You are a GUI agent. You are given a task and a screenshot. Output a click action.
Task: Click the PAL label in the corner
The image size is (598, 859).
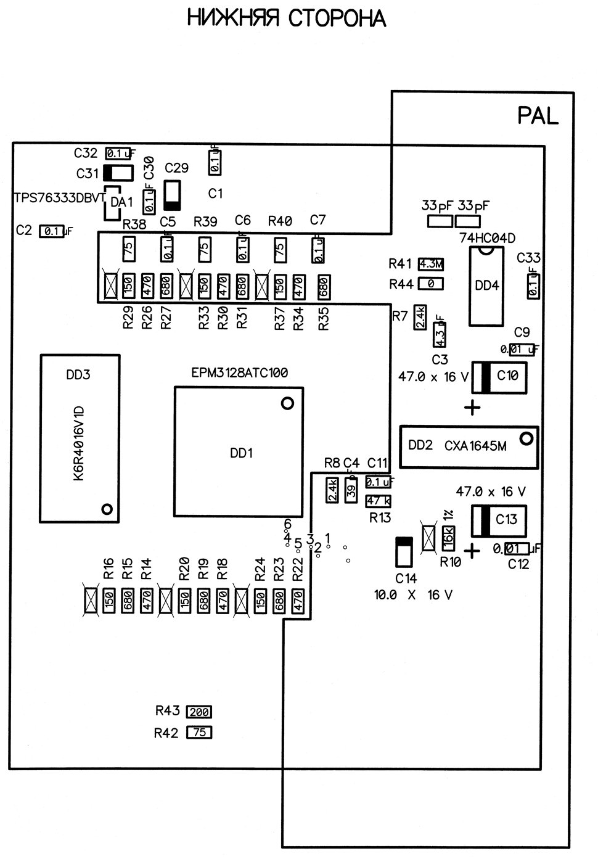pyautogui.click(x=538, y=115)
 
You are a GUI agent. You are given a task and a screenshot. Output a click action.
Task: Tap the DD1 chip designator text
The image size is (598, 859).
pyautogui.click(x=242, y=453)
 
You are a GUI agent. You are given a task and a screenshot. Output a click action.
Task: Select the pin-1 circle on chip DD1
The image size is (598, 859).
pyautogui.click(x=287, y=404)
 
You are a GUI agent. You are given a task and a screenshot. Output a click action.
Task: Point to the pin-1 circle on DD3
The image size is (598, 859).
pyautogui.click(x=107, y=509)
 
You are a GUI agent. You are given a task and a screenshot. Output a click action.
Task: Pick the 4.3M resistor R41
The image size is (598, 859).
pyautogui.click(x=431, y=264)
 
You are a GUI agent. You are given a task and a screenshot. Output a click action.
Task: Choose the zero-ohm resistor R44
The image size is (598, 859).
pyautogui.click(x=431, y=284)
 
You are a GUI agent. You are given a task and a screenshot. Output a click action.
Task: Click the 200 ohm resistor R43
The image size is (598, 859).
pyautogui.click(x=199, y=712)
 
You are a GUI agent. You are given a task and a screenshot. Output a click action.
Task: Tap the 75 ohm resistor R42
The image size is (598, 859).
pyautogui.click(x=199, y=733)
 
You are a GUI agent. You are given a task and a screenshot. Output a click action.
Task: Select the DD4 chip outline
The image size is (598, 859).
pyautogui.click(x=487, y=286)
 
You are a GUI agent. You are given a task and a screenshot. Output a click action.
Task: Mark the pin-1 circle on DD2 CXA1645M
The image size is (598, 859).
pyautogui.click(x=526, y=439)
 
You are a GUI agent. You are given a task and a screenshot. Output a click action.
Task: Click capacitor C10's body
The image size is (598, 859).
pyautogui.click(x=500, y=377)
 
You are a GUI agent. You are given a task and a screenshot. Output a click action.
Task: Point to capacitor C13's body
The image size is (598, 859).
pyautogui.click(x=499, y=520)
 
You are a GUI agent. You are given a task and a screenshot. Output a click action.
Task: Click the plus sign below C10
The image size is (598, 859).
pyautogui.click(x=472, y=408)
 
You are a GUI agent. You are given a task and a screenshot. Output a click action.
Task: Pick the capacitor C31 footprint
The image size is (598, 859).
pyautogui.click(x=117, y=173)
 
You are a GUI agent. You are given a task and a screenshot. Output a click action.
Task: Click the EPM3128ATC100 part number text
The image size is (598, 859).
pyautogui.click(x=240, y=373)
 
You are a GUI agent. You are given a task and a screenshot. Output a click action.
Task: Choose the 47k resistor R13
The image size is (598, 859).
pyautogui.click(x=378, y=501)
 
